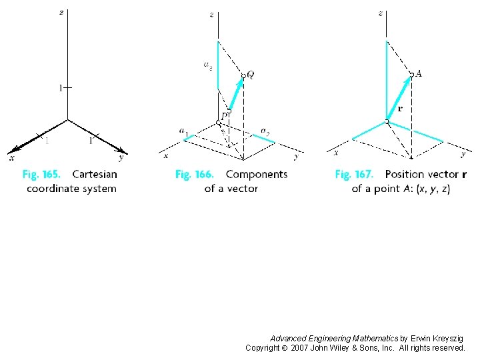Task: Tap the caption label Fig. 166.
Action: (194, 175)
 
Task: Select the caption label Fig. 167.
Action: (353, 175)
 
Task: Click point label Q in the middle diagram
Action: (250, 75)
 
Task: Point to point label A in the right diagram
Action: (418, 74)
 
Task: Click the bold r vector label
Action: (400, 108)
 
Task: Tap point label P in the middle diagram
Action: (225, 115)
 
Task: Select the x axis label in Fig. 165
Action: (11, 158)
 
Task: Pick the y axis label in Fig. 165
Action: (121, 158)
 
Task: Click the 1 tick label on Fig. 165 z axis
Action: (60, 87)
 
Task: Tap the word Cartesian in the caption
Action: (94, 175)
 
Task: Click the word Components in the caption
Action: (257, 175)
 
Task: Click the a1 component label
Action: (183, 131)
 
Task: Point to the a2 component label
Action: (265, 131)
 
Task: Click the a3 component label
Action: (208, 65)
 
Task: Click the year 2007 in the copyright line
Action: (301, 348)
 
